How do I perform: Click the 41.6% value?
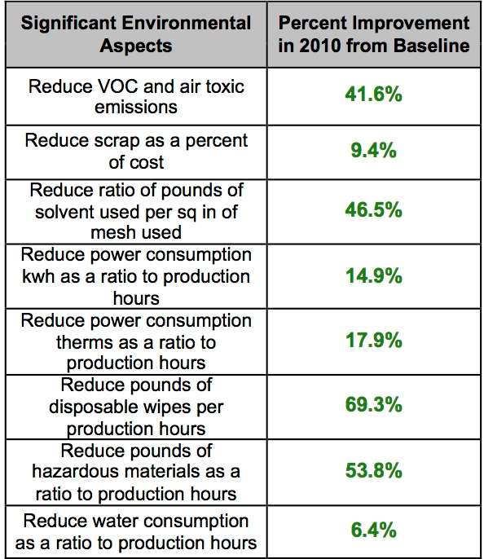pos(373,95)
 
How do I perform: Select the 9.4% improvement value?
pos(373,150)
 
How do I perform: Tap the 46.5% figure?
pos(373,209)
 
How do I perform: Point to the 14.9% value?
pos(374,276)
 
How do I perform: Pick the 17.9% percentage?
pos(374,340)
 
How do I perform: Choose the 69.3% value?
pos(373,405)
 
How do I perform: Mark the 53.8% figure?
pos(373,470)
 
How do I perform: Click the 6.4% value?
pos(373,530)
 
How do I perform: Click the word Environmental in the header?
pos(187,23)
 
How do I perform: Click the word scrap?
pos(117,142)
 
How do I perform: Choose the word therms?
pos(85,342)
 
